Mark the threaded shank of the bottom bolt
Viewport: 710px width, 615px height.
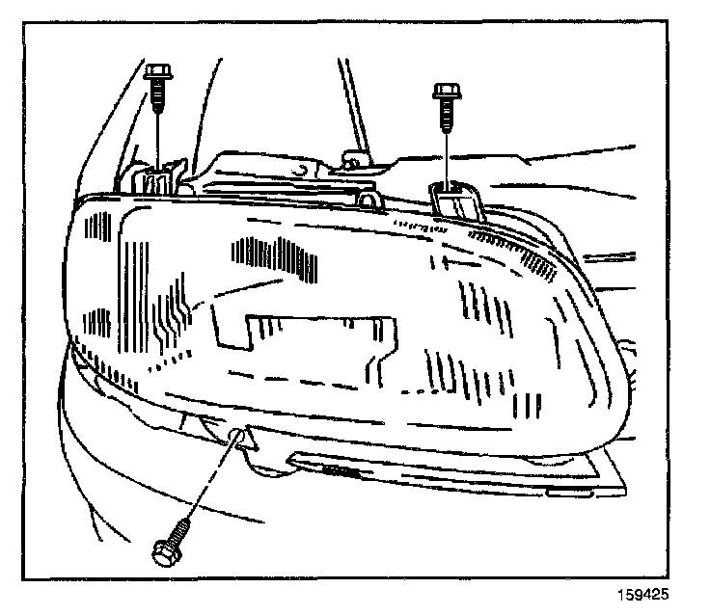(x=183, y=531)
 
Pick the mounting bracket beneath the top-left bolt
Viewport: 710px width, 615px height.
(x=154, y=178)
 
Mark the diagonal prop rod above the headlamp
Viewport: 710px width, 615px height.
(x=353, y=106)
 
